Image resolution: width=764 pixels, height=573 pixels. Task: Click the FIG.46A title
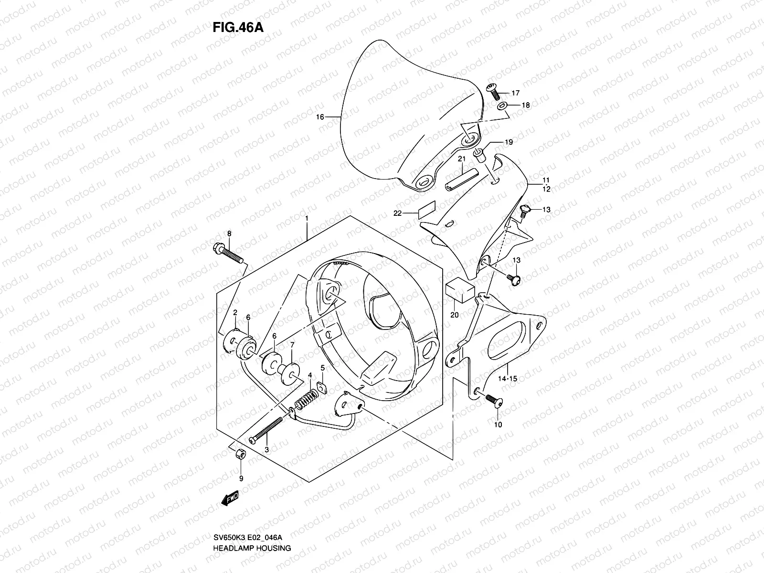click(238, 27)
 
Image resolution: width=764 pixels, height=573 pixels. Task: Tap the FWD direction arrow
click(230, 499)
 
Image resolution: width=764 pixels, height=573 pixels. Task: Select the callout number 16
click(320, 117)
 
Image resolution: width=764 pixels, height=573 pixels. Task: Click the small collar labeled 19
click(480, 154)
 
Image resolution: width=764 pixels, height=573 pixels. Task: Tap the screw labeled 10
click(493, 401)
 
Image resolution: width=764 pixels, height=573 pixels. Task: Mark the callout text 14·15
click(507, 379)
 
